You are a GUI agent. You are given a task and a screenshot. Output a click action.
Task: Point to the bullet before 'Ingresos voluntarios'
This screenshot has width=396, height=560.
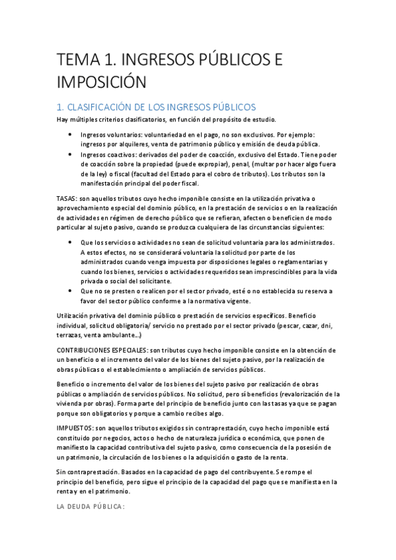pyautogui.click(x=71, y=135)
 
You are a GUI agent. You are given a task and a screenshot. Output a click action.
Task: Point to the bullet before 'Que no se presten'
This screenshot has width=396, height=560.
pyautogui.click(x=71, y=291)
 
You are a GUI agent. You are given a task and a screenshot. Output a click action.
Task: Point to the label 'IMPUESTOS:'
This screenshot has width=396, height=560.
pyautogui.click(x=75, y=428)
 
